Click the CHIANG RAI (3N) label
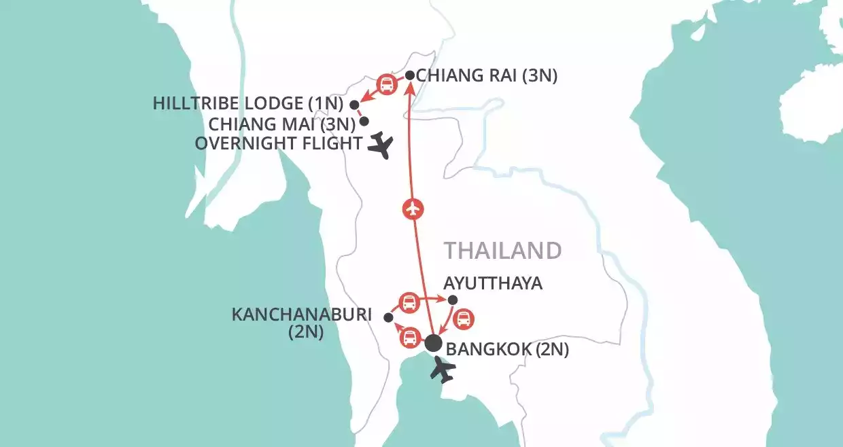(486, 76)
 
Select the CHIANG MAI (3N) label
(282, 124)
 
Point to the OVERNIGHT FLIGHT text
(278, 143)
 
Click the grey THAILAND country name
(503, 250)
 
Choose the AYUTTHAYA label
(493, 283)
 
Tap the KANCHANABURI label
(303, 315)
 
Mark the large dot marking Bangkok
(433, 344)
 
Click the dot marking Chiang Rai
(410, 75)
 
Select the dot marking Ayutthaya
(453, 300)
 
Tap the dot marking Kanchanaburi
(388, 317)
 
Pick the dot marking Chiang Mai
(364, 122)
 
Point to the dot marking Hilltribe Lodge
(354, 104)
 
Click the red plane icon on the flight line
(413, 209)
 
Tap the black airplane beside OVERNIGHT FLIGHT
(381, 145)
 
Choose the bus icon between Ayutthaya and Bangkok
(463, 319)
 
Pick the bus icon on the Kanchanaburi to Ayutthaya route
(409, 302)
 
